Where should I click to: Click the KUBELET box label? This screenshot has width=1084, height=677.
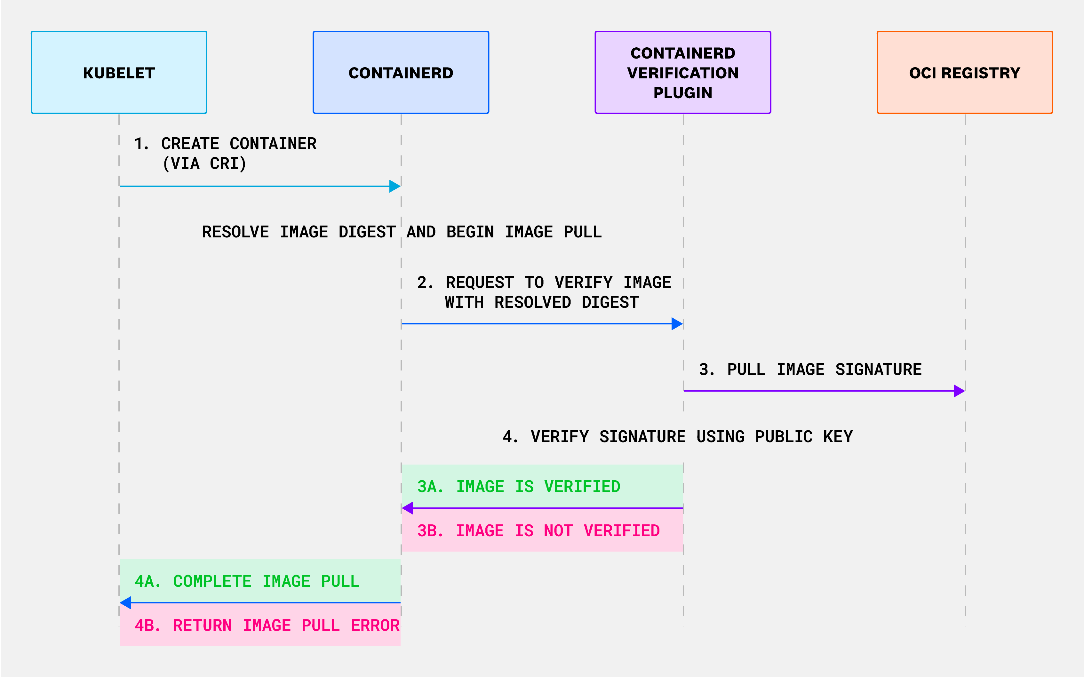point(119,73)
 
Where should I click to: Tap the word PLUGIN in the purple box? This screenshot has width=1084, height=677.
point(682,93)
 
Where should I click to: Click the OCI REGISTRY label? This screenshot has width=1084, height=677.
point(964,73)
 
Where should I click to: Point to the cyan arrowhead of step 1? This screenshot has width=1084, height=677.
point(395,186)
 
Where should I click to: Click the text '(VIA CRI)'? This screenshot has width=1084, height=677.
point(204,163)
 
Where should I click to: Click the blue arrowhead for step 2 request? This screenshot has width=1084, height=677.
point(677,324)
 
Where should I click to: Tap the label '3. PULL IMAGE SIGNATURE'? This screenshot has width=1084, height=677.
point(810,370)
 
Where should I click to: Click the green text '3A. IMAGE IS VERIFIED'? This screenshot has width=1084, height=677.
point(519,487)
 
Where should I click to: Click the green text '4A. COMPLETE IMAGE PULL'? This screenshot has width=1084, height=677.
point(247,581)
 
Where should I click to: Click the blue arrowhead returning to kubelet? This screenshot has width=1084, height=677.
point(126,603)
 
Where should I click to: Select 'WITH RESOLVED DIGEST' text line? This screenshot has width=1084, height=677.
point(541,302)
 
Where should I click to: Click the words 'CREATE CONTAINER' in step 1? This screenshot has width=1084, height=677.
point(239,144)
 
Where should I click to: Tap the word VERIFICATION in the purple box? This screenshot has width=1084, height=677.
point(682,73)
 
